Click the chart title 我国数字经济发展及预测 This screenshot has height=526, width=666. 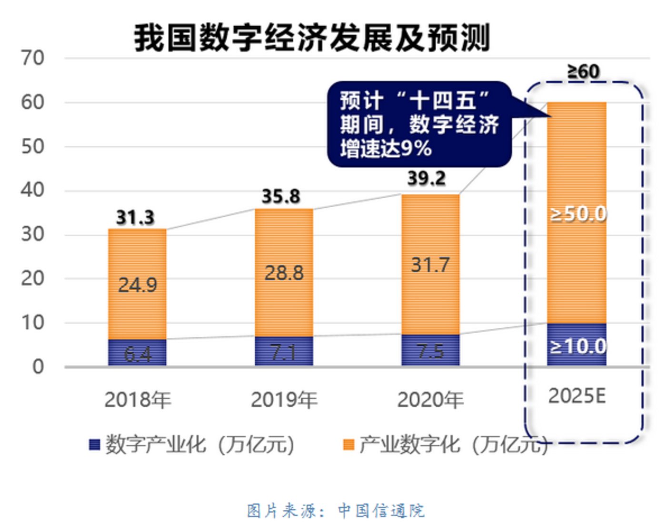click(312, 38)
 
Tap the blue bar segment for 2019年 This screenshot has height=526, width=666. click(284, 352)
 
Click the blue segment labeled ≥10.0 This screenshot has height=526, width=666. click(577, 345)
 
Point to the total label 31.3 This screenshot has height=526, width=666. click(135, 218)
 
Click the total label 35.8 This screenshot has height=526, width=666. click(281, 196)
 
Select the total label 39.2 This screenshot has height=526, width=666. click(427, 178)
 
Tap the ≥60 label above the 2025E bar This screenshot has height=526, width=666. click(583, 71)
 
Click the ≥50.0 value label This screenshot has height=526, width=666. click(578, 214)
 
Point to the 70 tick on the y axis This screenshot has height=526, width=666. click(32, 58)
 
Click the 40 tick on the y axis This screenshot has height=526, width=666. click(32, 190)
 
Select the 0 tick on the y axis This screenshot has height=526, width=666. click(38, 367)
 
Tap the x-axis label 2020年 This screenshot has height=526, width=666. click(430, 400)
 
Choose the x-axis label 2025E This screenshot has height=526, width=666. click(577, 396)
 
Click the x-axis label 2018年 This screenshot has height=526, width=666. click(138, 400)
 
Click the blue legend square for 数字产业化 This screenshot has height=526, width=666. click(94, 445)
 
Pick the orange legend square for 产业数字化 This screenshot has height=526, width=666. click(348, 445)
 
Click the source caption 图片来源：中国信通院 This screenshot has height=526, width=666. click(335, 511)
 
